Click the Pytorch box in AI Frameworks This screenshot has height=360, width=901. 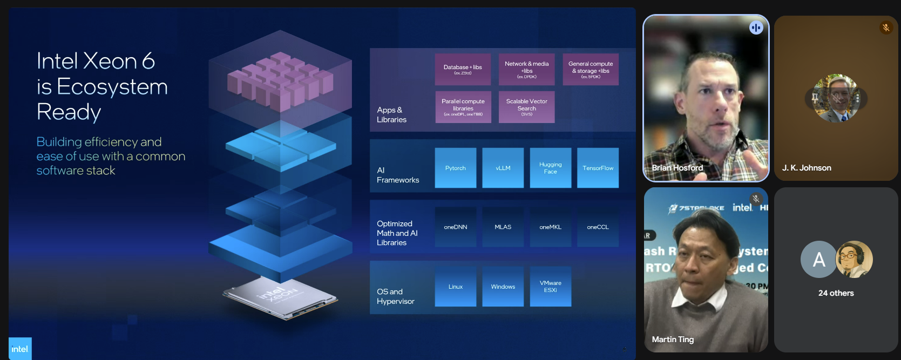(455, 168)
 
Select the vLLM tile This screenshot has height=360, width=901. (503, 168)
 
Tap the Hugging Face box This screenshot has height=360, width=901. (550, 168)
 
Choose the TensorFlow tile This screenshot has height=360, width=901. (598, 168)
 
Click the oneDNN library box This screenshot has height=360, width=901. (455, 227)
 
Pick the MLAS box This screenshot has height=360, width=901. (503, 227)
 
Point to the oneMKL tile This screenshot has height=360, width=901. (550, 227)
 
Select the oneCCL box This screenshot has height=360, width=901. (598, 227)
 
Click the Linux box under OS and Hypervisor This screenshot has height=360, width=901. (455, 287)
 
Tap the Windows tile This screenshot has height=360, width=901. (503, 287)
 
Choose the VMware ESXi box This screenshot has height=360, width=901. (550, 287)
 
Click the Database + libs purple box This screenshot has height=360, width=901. (463, 69)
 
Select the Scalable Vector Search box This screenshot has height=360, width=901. (526, 107)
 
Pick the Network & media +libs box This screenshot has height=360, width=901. (526, 69)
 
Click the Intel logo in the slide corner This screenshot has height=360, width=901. (20, 349)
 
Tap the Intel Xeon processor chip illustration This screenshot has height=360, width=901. (280, 296)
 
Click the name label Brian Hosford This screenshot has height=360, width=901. (678, 168)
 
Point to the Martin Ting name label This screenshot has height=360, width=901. (673, 339)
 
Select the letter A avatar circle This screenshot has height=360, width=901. (818, 260)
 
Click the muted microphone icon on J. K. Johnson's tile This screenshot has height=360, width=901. (886, 28)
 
